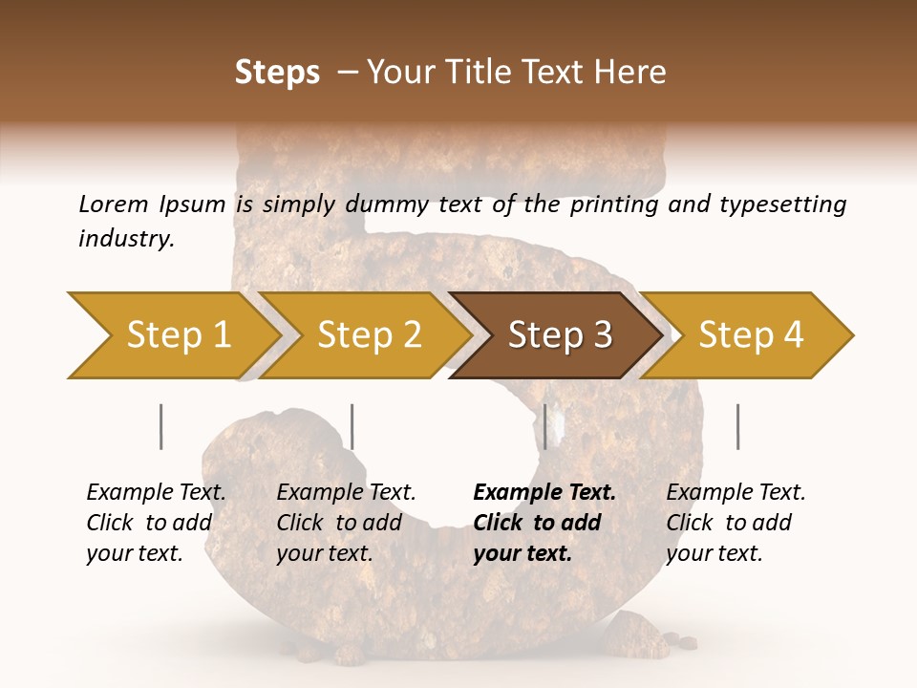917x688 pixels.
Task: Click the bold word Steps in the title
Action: coord(277,73)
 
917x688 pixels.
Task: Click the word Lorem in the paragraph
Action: coord(113,204)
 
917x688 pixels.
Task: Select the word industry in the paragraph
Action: coord(125,238)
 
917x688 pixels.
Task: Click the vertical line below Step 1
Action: coord(160,426)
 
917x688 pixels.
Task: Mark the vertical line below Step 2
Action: coord(352,426)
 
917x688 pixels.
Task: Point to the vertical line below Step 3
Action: coord(544,426)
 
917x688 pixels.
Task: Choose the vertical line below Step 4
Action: coord(737,426)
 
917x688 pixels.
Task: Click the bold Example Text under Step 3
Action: coord(544,493)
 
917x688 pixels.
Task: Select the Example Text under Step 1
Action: coord(156,493)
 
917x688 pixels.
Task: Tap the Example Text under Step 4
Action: coord(736,493)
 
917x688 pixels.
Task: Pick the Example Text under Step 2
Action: coord(346,493)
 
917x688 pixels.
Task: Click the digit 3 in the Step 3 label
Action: coord(602,335)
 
